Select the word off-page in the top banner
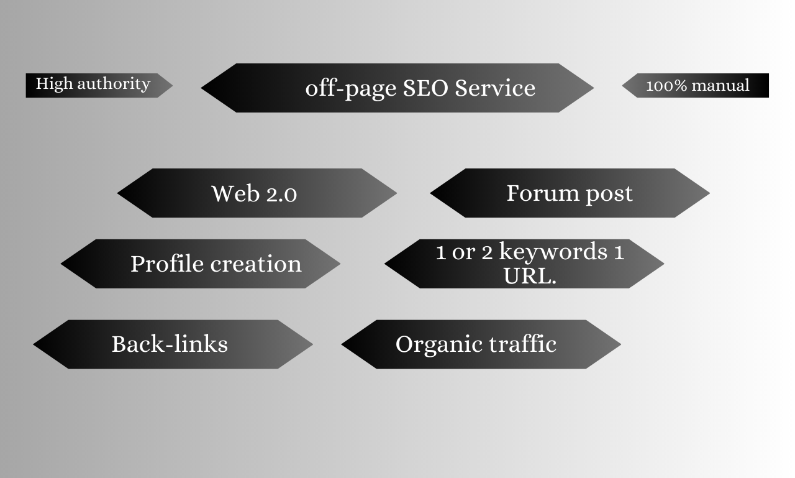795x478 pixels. [x=351, y=89]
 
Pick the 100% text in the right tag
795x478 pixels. [x=666, y=86]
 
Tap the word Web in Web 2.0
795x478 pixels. [x=235, y=193]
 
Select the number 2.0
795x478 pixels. [x=281, y=194]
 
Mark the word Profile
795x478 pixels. [x=167, y=264]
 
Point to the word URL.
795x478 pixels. [x=528, y=275]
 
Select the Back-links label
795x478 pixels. [x=170, y=344]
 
